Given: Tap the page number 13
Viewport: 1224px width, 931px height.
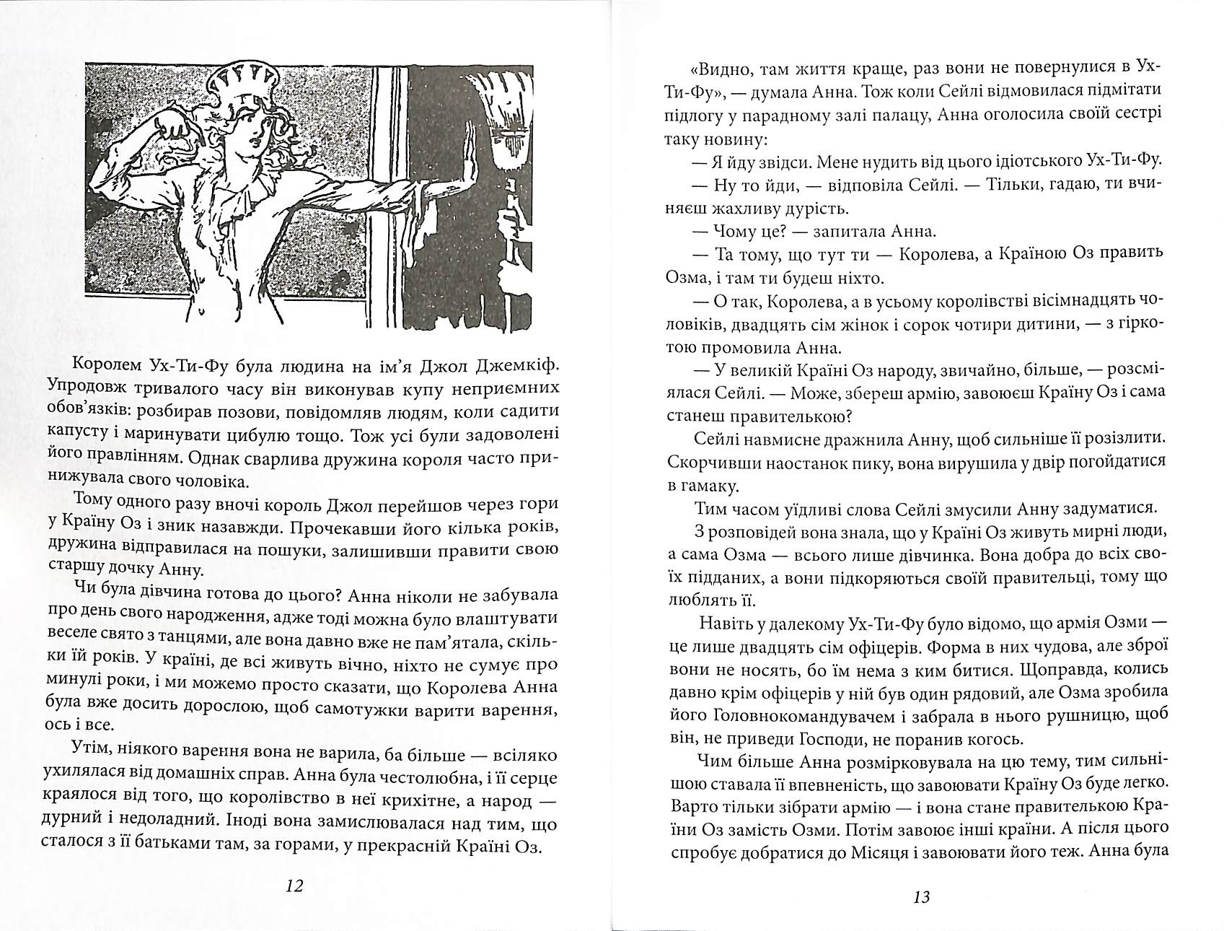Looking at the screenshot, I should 921,898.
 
